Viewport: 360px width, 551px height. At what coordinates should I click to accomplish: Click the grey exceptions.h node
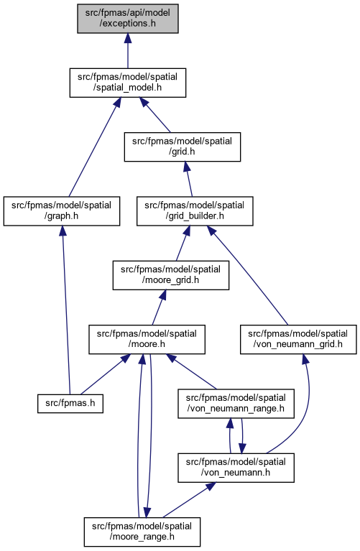pos(128,19)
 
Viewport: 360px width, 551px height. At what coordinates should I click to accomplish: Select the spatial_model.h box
pos(128,83)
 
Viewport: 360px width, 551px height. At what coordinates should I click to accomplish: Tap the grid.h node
pos(182,147)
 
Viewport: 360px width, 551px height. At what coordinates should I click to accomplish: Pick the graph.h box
pos(62,210)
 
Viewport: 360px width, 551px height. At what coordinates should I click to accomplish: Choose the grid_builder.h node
pos(195,210)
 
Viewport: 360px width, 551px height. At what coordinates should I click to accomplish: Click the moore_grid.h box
pos(171,275)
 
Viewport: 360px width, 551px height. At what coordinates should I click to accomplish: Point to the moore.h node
pos(147,340)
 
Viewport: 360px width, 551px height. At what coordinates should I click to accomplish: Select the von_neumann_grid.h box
pos(298,340)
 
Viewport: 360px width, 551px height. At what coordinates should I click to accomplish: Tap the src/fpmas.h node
pos(70,404)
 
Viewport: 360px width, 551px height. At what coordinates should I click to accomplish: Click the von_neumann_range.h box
pos(236,404)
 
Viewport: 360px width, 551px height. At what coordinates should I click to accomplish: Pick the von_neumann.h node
pos(236,468)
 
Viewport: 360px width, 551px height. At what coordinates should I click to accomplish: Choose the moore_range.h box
pos(142,532)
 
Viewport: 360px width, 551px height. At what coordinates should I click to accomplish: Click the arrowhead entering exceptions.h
pos(128,38)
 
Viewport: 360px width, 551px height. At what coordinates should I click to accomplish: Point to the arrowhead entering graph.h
pos(63,231)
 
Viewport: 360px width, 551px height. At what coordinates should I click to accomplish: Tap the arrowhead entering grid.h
pos(186,167)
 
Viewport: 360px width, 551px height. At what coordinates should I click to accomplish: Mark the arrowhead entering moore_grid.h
pos(163,295)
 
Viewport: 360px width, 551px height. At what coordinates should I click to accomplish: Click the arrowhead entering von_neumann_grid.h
pos(305,358)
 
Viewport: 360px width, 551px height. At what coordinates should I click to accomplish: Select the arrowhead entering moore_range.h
pos(147,513)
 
